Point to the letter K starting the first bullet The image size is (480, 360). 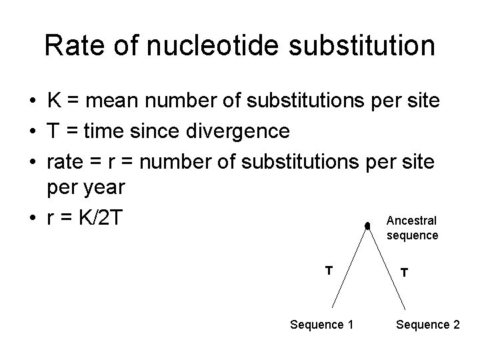(x=55, y=101)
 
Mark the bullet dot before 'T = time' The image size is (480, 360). (x=32, y=131)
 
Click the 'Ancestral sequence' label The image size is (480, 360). (x=412, y=227)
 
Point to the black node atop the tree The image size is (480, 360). (x=367, y=227)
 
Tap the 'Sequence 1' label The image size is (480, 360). (x=321, y=325)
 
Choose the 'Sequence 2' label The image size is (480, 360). (x=427, y=325)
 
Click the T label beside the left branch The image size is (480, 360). (x=328, y=270)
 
